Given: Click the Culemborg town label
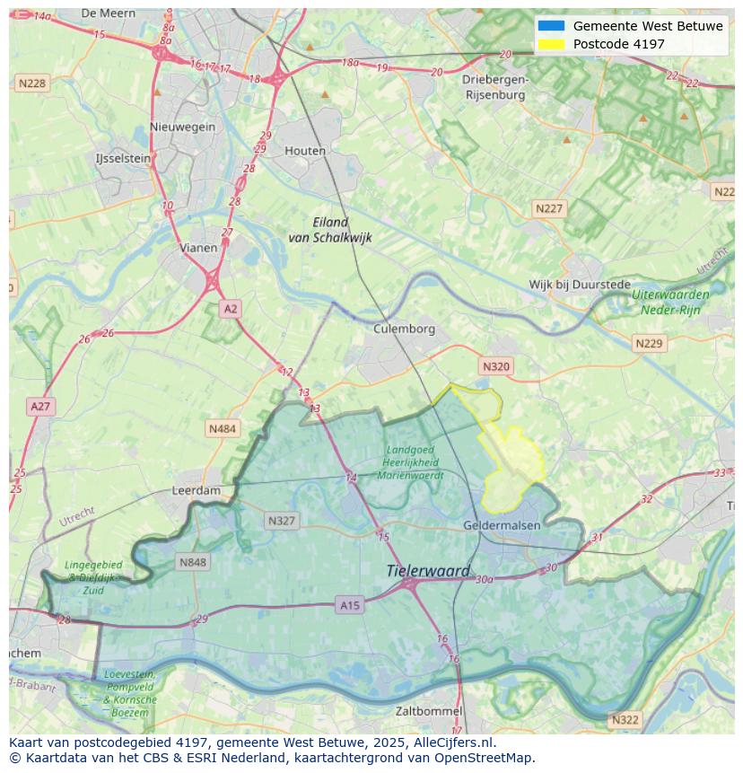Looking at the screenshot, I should click(404, 329).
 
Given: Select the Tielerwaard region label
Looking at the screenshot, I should click(428, 571).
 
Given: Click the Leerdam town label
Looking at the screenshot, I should click(196, 491).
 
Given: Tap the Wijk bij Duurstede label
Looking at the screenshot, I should click(579, 285).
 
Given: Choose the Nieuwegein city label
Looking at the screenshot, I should click(183, 127).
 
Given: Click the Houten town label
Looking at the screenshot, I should click(305, 151).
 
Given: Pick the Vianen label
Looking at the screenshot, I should click(198, 248).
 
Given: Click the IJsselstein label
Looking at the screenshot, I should click(123, 158).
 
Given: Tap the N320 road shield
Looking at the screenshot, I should click(495, 366).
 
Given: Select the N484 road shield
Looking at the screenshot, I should click(223, 429).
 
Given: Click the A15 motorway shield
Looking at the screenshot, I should click(350, 606).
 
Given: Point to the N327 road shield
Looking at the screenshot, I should click(281, 521).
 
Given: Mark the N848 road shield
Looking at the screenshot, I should click(193, 563).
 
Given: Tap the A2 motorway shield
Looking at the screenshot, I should click(231, 309).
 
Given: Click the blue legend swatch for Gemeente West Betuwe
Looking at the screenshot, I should click(551, 26).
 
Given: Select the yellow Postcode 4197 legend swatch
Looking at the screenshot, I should click(551, 44).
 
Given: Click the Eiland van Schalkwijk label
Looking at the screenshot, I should click(329, 230).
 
